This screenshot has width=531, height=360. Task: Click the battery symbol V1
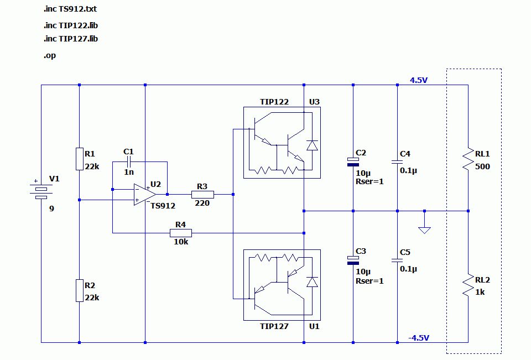click(41, 189)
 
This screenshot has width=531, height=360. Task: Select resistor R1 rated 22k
click(80, 158)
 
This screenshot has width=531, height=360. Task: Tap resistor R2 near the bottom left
click(80, 290)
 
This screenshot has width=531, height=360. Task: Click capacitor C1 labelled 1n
click(129, 162)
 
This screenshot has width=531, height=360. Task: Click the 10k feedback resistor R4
click(180, 233)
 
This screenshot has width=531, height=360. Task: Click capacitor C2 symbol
click(353, 161)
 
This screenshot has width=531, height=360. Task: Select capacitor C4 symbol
click(397, 162)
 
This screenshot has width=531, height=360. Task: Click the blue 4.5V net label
click(419, 80)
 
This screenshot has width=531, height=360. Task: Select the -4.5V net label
click(419, 338)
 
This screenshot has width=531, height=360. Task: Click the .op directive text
click(49, 55)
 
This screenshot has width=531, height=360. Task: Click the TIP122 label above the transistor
click(274, 102)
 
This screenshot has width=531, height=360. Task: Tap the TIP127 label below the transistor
click(274, 326)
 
